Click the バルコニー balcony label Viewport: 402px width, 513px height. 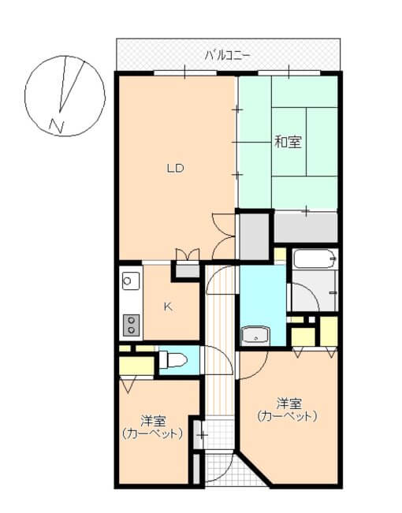[227, 54]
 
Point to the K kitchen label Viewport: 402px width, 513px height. [168, 307]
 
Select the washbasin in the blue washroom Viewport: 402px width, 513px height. [255, 336]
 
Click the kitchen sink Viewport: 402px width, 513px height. [130, 280]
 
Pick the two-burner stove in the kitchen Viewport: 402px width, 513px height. [130, 324]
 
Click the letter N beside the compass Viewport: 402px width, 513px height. [56, 124]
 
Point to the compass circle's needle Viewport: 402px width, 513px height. [70, 87]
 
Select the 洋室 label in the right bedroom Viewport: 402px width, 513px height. [288, 400]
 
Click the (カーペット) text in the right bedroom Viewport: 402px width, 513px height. [288, 415]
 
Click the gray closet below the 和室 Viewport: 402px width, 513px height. [306, 226]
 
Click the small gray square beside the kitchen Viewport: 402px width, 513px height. [187, 270]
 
